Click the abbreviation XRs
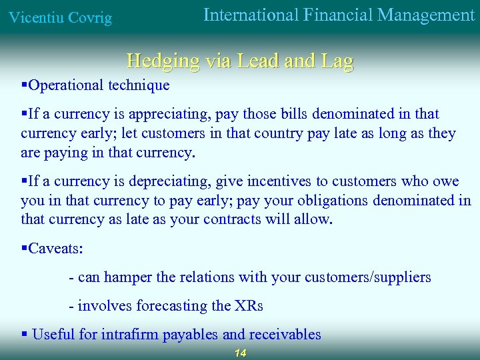249,306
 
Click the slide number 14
240,353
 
